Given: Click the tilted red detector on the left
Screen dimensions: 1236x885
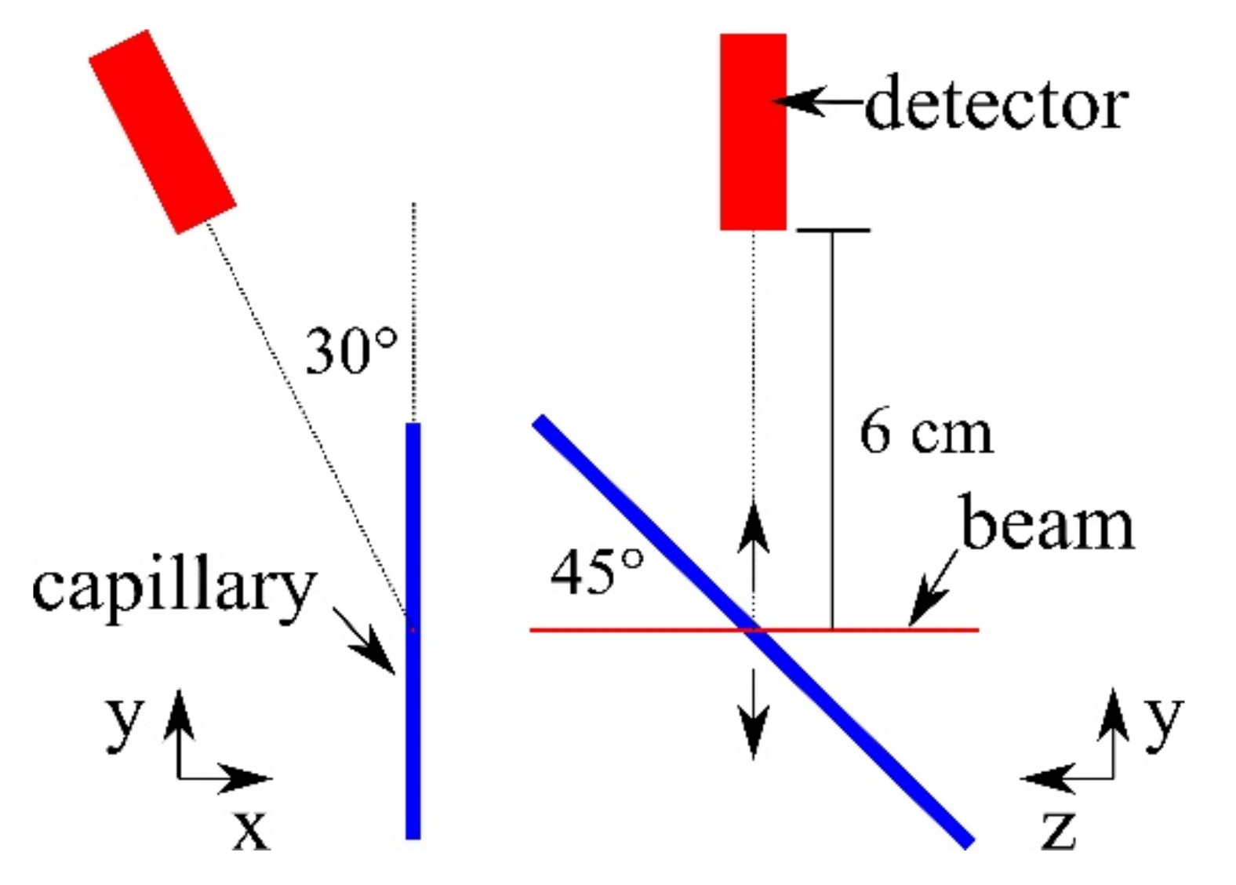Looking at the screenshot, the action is (x=162, y=132).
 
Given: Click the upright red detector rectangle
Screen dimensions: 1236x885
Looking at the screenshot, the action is (x=753, y=132).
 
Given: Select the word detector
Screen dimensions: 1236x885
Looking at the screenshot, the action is (x=996, y=104).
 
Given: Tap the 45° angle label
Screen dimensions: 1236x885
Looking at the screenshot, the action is (x=597, y=571).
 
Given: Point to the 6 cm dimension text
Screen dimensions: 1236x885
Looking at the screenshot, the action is (x=925, y=432).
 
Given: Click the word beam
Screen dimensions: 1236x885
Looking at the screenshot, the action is (x=1047, y=524).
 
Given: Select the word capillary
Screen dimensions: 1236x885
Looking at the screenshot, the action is (x=173, y=588).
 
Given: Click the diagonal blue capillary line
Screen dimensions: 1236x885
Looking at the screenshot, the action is (x=863, y=737).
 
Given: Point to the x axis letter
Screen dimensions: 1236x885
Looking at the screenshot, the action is (x=251, y=828).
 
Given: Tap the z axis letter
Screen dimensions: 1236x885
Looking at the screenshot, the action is (x=1058, y=828).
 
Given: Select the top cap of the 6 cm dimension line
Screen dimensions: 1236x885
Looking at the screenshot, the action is (x=832, y=231).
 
